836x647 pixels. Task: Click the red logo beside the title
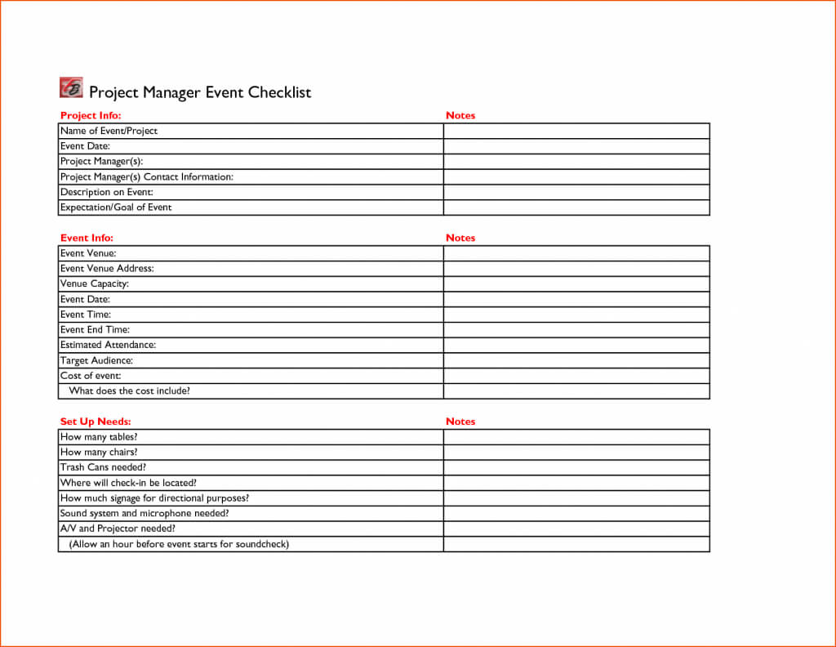point(71,87)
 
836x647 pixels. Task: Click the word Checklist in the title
point(279,92)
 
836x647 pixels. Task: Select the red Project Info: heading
point(91,116)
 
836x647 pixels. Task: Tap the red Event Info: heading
point(87,239)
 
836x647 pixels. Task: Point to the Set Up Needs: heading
point(96,422)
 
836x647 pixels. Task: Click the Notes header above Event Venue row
point(460,239)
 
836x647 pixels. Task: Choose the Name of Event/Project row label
point(109,131)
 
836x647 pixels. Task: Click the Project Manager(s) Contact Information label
point(147,177)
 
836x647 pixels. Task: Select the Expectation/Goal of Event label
point(116,207)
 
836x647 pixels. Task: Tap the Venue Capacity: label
point(95,284)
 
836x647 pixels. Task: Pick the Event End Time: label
point(95,330)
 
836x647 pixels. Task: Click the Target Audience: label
point(96,361)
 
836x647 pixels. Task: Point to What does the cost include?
point(130,391)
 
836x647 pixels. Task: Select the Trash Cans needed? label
point(103,468)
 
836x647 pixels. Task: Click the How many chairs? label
point(99,453)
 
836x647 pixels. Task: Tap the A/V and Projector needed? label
point(118,529)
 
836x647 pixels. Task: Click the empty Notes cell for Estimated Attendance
point(576,346)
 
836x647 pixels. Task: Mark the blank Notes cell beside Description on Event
point(576,193)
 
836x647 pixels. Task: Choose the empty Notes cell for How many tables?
point(576,437)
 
